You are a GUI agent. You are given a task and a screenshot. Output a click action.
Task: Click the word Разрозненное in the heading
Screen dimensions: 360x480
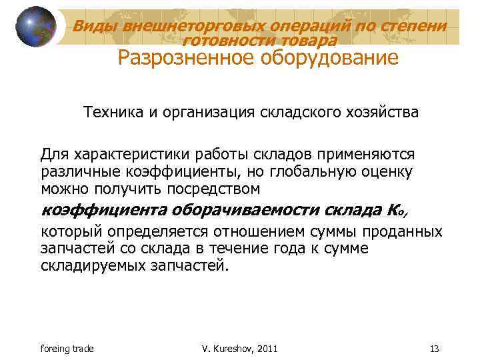[179, 59]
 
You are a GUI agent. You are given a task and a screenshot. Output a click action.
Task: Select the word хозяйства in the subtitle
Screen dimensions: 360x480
[379, 112]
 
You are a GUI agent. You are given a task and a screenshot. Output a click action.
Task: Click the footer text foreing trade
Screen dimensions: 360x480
[67, 349]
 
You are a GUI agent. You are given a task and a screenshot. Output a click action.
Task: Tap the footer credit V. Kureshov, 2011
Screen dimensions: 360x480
[239, 349]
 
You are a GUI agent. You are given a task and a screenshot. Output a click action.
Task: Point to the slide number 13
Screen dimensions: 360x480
[434, 349]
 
